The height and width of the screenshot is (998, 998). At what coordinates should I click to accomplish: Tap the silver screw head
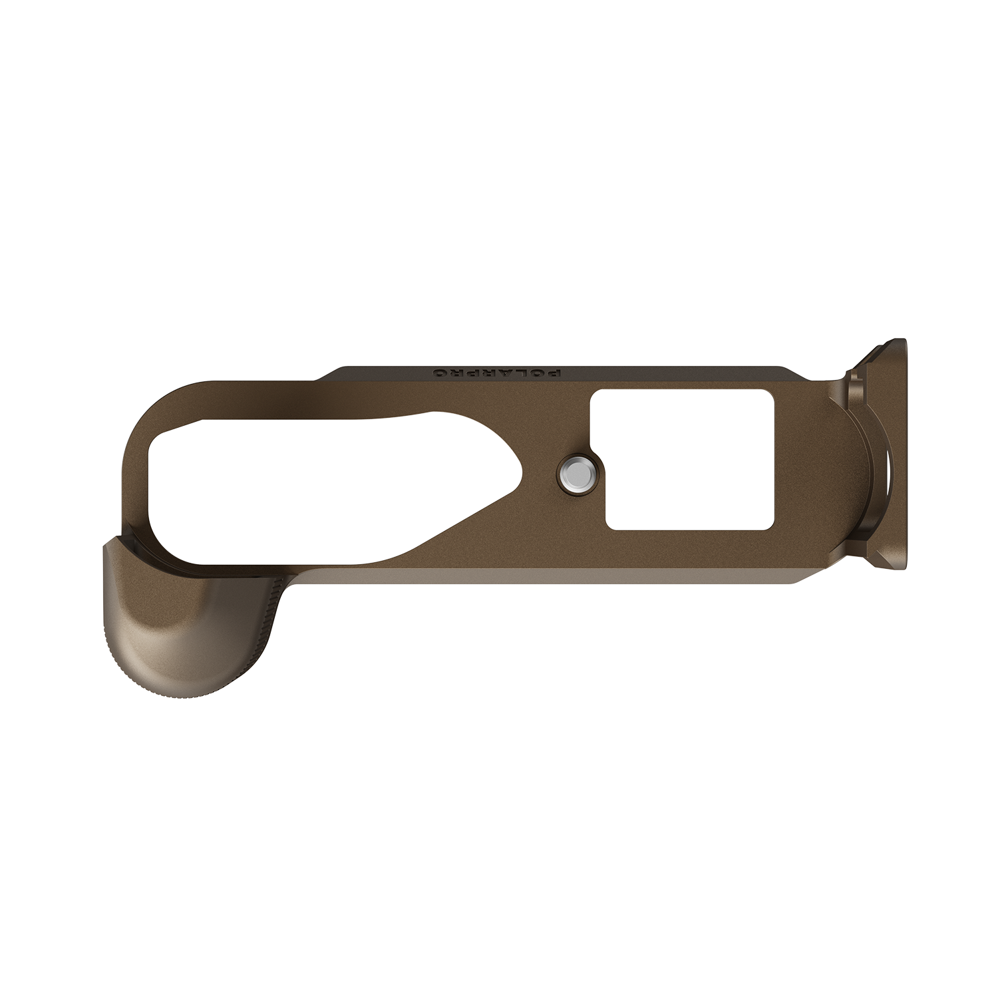point(576,475)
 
